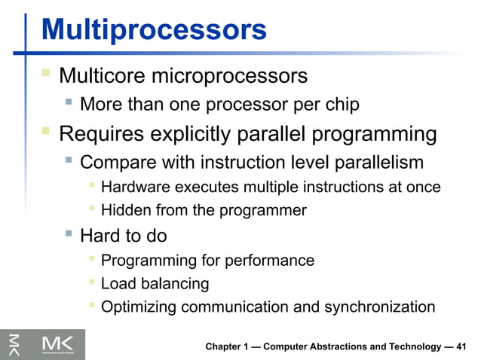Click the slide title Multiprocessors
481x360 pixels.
[154, 29]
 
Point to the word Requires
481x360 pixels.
[103, 135]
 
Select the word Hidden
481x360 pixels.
[124, 211]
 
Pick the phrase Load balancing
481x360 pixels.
[155, 284]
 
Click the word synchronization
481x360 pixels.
[379, 307]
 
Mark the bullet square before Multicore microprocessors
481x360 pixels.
[46, 75]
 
